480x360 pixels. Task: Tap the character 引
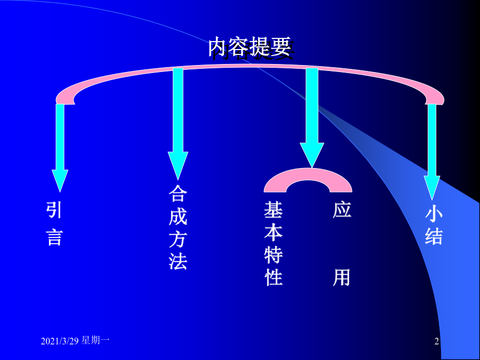pyautogui.click(x=54, y=210)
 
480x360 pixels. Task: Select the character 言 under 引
pyautogui.click(x=54, y=237)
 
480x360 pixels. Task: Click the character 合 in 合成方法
pyautogui.click(x=178, y=193)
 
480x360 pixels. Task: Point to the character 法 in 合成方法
pyautogui.click(x=178, y=261)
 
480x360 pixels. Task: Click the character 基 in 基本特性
pyautogui.click(x=274, y=210)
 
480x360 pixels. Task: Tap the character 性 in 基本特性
pyautogui.click(x=274, y=277)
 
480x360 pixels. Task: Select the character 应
pyautogui.click(x=342, y=210)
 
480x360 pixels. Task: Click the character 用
pyautogui.click(x=342, y=277)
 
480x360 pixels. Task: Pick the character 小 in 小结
pyautogui.click(x=434, y=212)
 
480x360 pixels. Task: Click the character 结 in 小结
pyautogui.click(x=434, y=236)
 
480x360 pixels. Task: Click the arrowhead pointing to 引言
pyautogui.click(x=60, y=181)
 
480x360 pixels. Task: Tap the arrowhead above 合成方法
pyautogui.click(x=178, y=165)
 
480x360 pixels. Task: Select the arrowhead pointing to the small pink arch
pyautogui.click(x=312, y=155)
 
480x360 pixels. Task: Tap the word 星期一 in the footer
pyautogui.click(x=95, y=340)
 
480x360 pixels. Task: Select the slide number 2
pyautogui.click(x=436, y=341)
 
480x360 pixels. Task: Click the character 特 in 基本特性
pyautogui.click(x=274, y=255)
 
